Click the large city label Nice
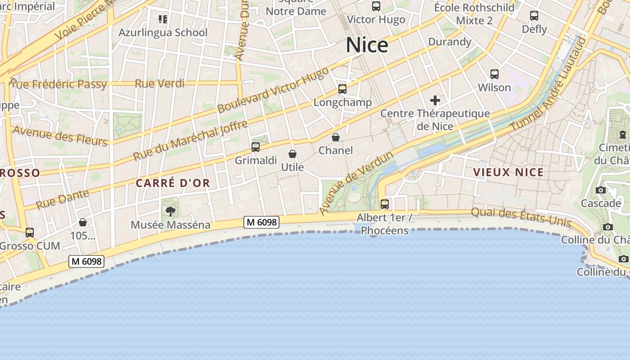click(x=367, y=45)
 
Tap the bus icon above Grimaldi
click(x=256, y=147)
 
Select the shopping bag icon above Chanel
click(x=336, y=137)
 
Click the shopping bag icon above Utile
click(x=292, y=154)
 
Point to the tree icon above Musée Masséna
click(x=171, y=211)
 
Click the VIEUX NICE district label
click(x=508, y=172)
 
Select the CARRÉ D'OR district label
click(x=173, y=183)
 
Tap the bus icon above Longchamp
click(x=342, y=89)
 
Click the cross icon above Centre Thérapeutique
click(x=435, y=100)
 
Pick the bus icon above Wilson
click(x=494, y=74)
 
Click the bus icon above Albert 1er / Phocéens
click(x=385, y=204)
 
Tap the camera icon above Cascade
click(x=600, y=190)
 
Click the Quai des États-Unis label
click(x=521, y=217)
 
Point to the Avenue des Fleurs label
click(x=60, y=135)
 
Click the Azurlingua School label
click(x=163, y=32)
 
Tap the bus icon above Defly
click(x=534, y=16)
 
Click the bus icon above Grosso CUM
click(x=30, y=233)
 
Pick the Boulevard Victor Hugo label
click(x=273, y=90)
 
